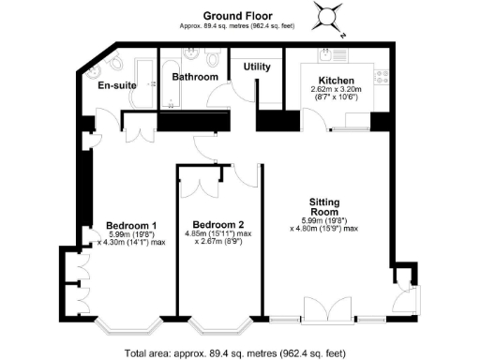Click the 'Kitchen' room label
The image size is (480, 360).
click(x=336, y=81)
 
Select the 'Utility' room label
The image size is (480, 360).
click(x=257, y=67)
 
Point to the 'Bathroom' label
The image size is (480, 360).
click(x=195, y=77)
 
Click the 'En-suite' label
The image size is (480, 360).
click(x=118, y=85)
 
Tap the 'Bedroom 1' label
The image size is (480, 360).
click(x=130, y=225)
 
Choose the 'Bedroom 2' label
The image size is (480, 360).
click(x=215, y=225)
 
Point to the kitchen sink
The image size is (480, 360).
click(x=328, y=54)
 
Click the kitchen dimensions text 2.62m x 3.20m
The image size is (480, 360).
click(x=335, y=91)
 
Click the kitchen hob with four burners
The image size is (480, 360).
click(x=380, y=74)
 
